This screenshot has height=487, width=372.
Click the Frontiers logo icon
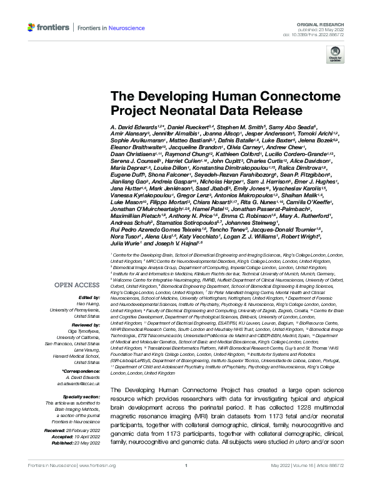[31, 27]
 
